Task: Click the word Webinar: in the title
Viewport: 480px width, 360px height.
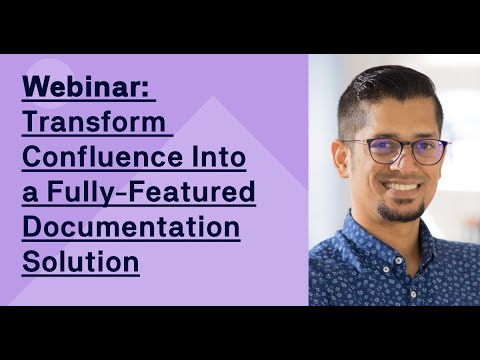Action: (x=87, y=88)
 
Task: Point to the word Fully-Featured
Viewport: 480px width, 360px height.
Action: (x=151, y=193)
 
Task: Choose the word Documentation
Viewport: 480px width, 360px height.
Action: (x=131, y=227)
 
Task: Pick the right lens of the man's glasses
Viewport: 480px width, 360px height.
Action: (x=427, y=152)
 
